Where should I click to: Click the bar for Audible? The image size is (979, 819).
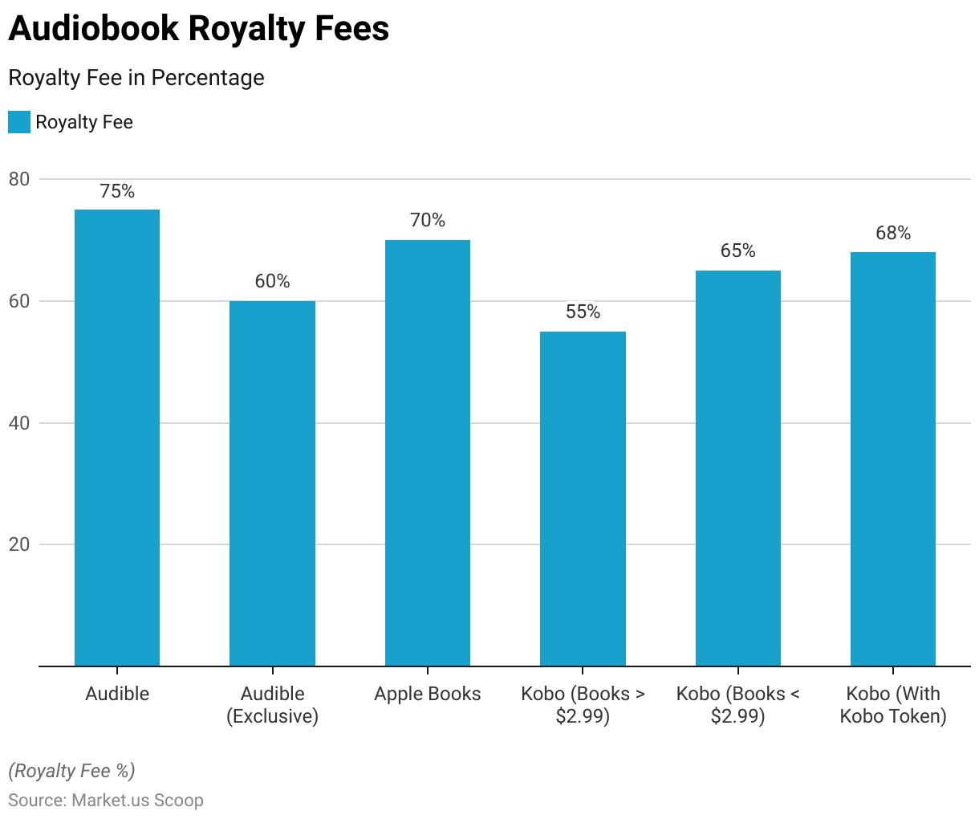(117, 438)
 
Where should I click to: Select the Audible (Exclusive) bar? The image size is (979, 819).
(272, 483)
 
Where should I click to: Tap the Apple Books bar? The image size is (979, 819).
(428, 453)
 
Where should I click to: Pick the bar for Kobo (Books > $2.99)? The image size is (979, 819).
(583, 499)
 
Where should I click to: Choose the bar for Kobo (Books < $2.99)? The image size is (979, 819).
(738, 468)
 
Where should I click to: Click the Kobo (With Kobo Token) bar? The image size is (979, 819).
(893, 459)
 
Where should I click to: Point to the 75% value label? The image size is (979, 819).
(117, 191)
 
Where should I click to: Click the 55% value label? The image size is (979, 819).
(583, 312)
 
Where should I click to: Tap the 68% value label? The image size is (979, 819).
(893, 233)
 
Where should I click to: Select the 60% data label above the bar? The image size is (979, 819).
(272, 281)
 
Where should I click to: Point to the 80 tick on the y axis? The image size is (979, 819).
(19, 179)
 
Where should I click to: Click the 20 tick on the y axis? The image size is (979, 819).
(19, 544)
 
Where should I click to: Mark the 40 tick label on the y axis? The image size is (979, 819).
(19, 423)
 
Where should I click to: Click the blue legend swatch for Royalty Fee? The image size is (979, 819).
(19, 122)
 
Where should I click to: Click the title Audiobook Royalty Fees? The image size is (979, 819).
(199, 29)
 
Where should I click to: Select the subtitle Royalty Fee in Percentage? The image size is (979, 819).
(136, 78)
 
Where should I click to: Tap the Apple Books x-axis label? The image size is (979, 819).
(428, 694)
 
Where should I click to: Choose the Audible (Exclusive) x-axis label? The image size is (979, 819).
(272, 705)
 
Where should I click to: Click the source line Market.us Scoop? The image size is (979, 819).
(106, 800)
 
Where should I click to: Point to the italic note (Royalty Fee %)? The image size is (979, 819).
(71, 771)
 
